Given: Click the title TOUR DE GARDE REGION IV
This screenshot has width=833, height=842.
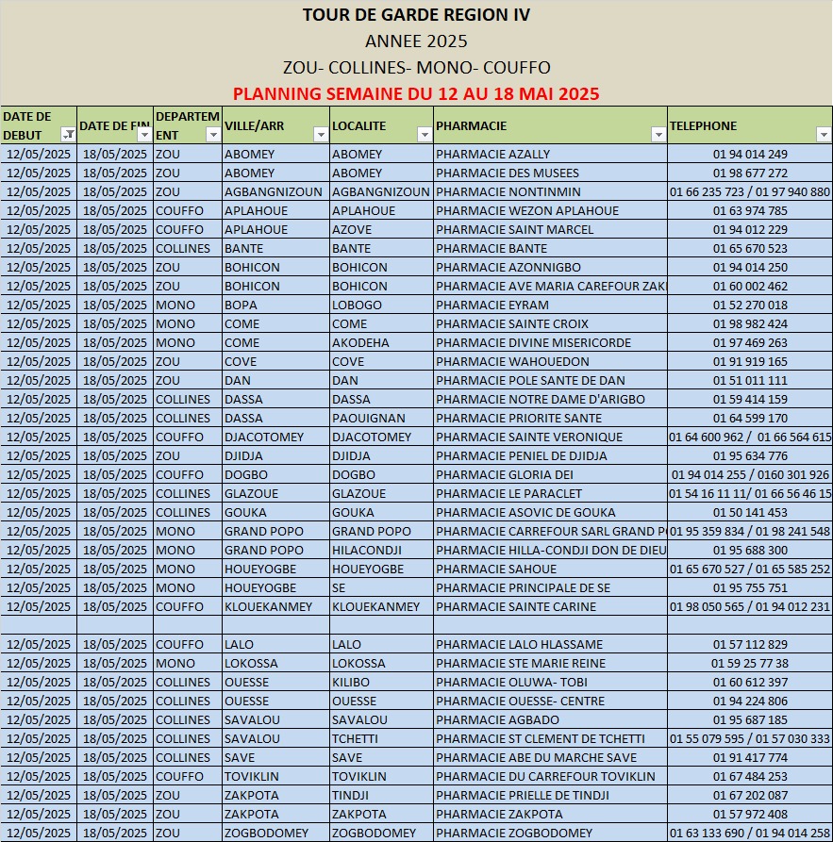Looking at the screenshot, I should pyautogui.click(x=416, y=15).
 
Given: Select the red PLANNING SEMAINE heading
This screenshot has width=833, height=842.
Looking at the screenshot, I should pyautogui.click(x=416, y=94).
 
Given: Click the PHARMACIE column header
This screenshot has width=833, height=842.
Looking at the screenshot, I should pyautogui.click(x=472, y=125).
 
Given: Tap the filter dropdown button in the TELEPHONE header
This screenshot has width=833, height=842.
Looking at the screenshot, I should pyautogui.click(x=824, y=135).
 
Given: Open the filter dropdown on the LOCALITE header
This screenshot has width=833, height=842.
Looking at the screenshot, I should pyautogui.click(x=424, y=135).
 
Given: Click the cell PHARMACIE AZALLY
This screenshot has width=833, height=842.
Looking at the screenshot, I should pyautogui.click(x=493, y=154).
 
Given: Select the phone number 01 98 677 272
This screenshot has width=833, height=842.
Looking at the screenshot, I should pyautogui.click(x=750, y=173).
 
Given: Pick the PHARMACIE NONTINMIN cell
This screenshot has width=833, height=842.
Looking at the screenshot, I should pyautogui.click(x=508, y=191).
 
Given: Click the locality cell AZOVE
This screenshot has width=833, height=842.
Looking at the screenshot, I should pyautogui.click(x=352, y=229).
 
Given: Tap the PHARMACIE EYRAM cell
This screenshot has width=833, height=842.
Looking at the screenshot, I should pyautogui.click(x=491, y=305).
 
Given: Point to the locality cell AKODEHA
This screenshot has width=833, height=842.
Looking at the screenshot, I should pyautogui.click(x=360, y=342).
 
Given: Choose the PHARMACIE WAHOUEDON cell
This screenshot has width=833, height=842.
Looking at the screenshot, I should pyautogui.click(x=512, y=361).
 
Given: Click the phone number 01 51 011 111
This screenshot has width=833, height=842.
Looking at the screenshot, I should pyautogui.click(x=750, y=380).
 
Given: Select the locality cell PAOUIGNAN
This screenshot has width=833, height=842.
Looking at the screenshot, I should pyautogui.click(x=369, y=418).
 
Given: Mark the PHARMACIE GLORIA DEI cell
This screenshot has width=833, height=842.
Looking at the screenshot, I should pyautogui.click(x=505, y=474).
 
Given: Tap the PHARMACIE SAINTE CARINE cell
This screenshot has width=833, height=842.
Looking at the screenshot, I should pyautogui.click(x=516, y=606).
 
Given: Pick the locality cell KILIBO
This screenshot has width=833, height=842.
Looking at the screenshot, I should pyautogui.click(x=351, y=682).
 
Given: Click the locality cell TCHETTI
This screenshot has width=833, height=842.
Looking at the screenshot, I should pyautogui.click(x=355, y=738).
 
